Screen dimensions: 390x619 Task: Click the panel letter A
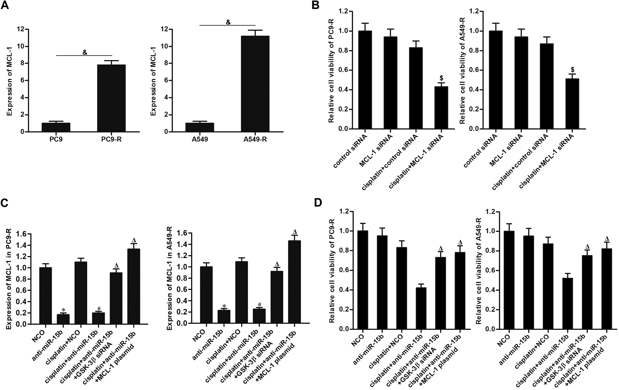5,6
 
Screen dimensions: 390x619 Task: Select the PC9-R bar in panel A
111,98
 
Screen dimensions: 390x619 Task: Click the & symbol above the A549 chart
228,22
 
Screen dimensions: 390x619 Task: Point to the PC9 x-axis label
56,139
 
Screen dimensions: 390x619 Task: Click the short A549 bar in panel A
199,127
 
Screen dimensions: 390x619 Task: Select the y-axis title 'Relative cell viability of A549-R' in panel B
462,71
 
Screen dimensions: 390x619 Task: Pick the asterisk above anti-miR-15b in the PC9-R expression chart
63,310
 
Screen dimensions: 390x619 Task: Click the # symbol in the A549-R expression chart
259,305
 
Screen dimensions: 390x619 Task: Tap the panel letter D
318,203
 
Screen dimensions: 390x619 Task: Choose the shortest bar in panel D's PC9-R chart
420,308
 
